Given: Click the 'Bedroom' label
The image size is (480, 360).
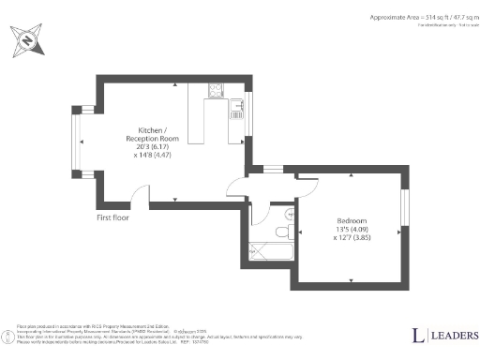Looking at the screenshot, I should click(352, 221).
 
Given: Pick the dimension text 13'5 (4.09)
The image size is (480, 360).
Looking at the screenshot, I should click(352, 231).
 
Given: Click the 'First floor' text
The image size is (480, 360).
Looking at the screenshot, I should click(112, 217).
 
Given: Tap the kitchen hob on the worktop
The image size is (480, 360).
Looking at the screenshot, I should click(215, 91).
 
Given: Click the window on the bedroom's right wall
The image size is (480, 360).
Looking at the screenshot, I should click(404, 208).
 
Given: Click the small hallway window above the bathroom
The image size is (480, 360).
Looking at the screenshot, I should click(273, 170).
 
